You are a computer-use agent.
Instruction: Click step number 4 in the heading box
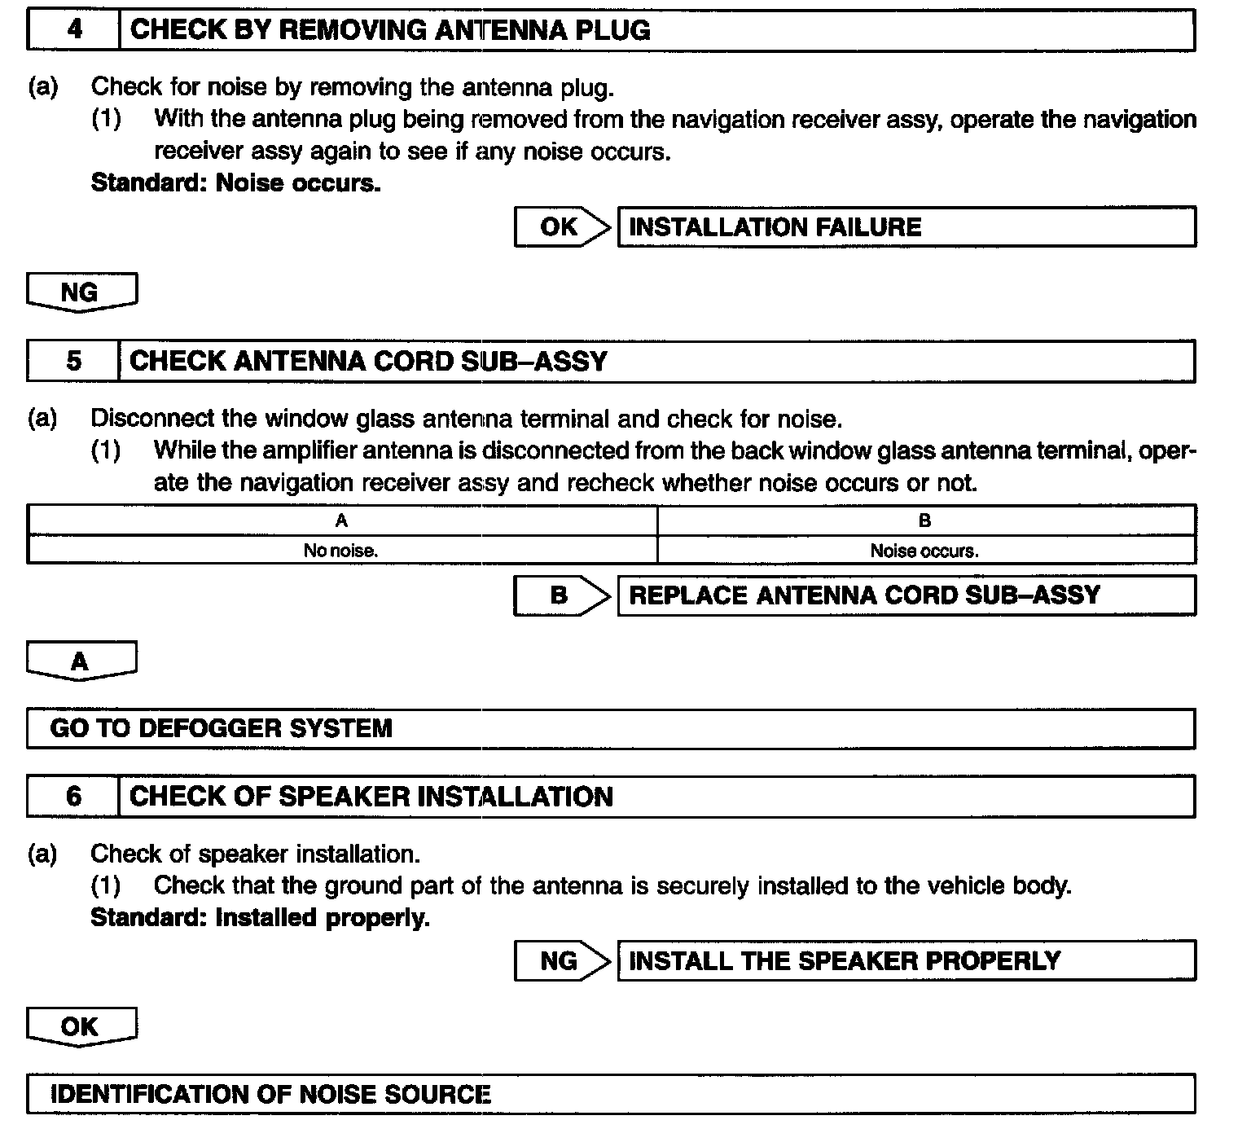[x=74, y=30]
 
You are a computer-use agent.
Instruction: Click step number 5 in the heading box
[x=73, y=361]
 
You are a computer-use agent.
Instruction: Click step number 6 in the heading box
[x=73, y=796]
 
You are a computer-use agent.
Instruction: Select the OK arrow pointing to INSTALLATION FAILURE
[x=561, y=226]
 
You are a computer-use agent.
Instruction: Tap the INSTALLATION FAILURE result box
[x=906, y=226]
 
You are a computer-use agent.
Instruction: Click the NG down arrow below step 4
[x=81, y=292]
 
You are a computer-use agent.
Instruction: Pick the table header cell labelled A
[x=342, y=520]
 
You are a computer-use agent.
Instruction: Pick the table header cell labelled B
[x=925, y=520]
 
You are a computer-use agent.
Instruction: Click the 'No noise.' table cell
[x=342, y=551]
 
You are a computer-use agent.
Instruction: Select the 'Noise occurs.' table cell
[x=925, y=551]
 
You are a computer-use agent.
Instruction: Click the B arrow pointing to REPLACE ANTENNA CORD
[x=561, y=595]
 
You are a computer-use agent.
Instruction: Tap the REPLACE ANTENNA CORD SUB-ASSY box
[x=906, y=595]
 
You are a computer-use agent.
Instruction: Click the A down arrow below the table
[x=81, y=661]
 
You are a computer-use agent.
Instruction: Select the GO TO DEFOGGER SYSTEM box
[x=611, y=728]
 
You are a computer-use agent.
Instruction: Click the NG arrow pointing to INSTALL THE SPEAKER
[x=561, y=961]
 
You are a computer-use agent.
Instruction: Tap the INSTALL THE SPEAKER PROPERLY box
[x=906, y=961]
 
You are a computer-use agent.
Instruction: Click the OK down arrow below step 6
[x=81, y=1026]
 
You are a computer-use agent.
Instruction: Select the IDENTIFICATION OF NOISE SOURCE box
[x=611, y=1094]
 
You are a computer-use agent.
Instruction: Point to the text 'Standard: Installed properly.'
[x=260, y=918]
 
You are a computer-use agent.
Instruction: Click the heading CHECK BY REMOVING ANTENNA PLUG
[x=391, y=30]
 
